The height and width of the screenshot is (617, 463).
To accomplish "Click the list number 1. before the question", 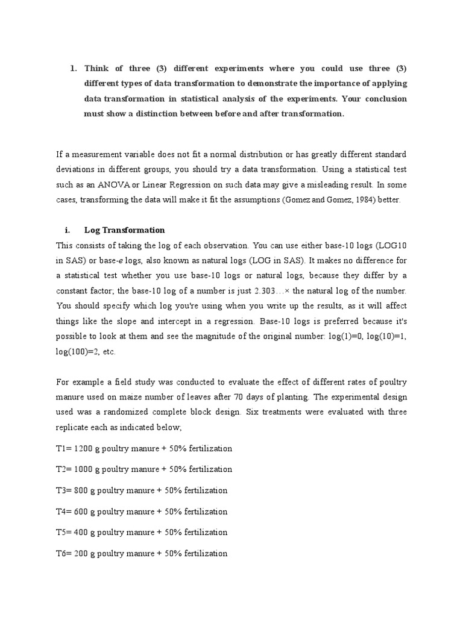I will pyautogui.click(x=74, y=67).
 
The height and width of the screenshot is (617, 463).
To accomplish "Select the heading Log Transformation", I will pyautogui.click(x=125, y=230).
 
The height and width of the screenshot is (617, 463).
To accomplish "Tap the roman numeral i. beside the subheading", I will pyautogui.click(x=67, y=230).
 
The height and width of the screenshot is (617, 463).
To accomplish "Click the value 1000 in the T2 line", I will pyautogui.click(x=84, y=469).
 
